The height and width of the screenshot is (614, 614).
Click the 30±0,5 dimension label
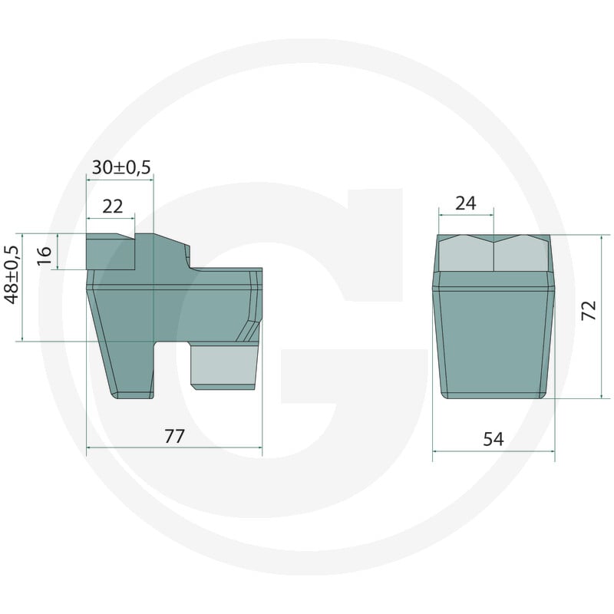click(121, 167)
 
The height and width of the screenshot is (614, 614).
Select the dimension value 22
click(113, 206)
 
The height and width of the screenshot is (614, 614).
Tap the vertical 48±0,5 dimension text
click(13, 275)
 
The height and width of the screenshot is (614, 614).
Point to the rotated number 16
click(45, 256)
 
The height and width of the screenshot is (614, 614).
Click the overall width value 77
click(174, 436)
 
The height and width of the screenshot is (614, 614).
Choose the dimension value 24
click(466, 203)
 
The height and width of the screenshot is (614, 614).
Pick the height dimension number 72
click(589, 311)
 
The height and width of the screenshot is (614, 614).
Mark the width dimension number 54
click(494, 439)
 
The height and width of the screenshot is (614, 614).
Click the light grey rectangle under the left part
click(224, 367)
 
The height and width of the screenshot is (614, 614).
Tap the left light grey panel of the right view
click(466, 254)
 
